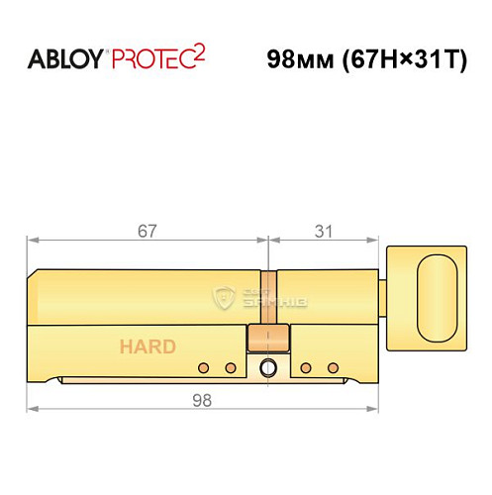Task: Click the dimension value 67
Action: (148, 230)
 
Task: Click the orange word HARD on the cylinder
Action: (148, 346)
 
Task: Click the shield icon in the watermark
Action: (223, 296)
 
